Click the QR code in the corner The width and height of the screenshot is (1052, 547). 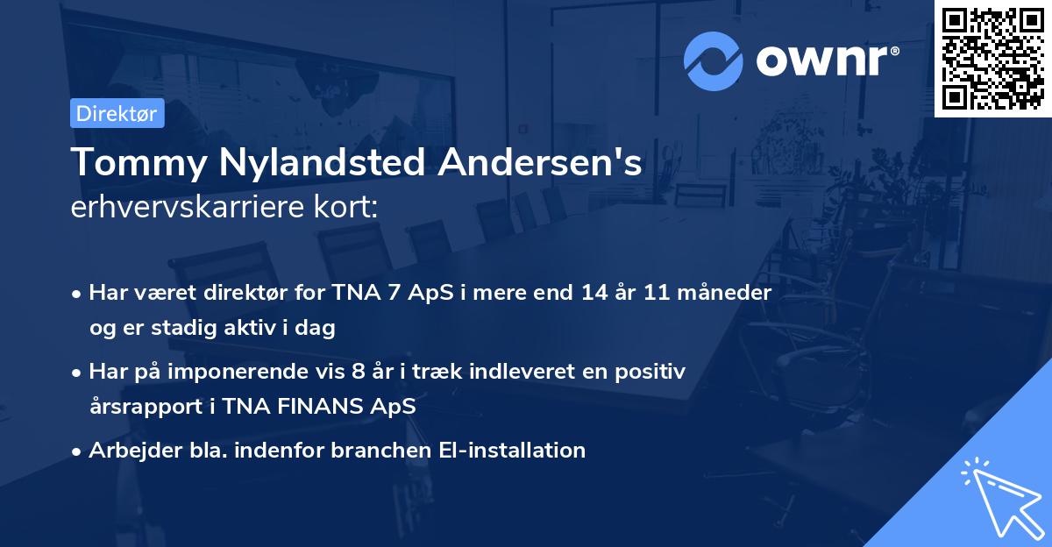pos(993,58)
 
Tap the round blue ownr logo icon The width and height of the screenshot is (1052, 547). pos(714,60)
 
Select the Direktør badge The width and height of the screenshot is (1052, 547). pos(117,113)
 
